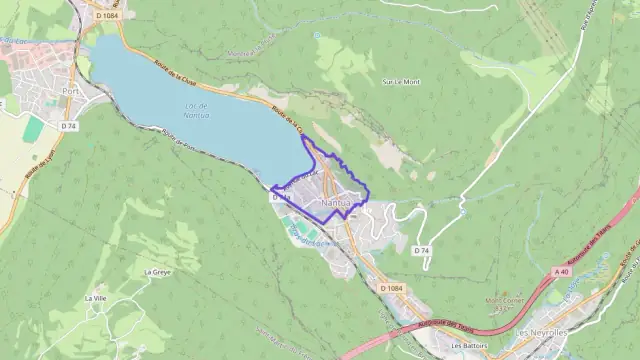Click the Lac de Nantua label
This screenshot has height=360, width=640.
(x=196, y=111)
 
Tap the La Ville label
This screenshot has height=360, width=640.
(x=96, y=298)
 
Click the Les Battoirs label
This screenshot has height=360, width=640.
(x=468, y=346)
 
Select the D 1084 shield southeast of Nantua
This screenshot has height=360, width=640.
(x=394, y=288)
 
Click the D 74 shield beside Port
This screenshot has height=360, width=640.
(x=68, y=126)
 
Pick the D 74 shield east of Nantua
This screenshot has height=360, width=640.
(x=422, y=249)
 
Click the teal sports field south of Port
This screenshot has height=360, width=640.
(x=34, y=129)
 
